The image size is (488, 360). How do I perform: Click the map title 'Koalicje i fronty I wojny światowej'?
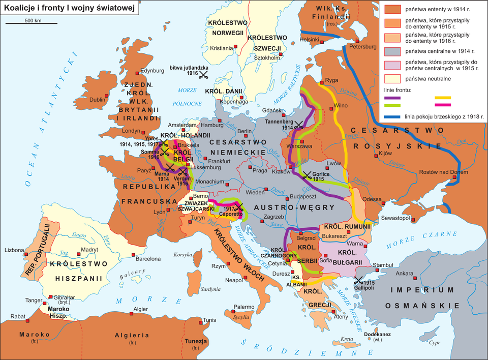(x=69, y=8)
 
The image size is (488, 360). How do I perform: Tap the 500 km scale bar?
(x=33, y=24)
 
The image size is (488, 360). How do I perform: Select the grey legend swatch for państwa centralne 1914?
(x=391, y=51)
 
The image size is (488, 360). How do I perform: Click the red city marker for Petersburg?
(x=357, y=41)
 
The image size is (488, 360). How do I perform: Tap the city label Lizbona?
(x=14, y=250)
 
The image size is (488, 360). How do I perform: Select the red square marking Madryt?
(x=77, y=251)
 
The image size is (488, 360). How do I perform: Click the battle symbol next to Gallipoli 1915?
(x=358, y=280)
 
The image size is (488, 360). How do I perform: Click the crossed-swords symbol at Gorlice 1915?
(x=307, y=175)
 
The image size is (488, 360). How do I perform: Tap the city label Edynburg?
(x=152, y=71)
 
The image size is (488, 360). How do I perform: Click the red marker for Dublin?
(x=107, y=96)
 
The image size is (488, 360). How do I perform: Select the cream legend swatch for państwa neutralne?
(x=391, y=78)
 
